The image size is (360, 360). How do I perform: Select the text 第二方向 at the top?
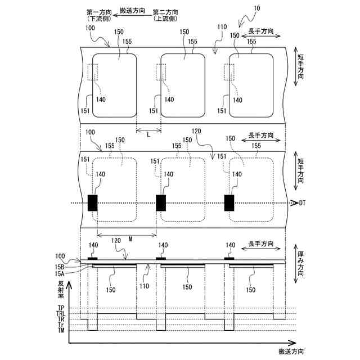[x=166, y=11]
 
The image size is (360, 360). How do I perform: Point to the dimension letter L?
[x=148, y=136]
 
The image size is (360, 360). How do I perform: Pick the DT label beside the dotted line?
[x=302, y=202]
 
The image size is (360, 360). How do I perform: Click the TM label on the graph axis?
[x=60, y=331]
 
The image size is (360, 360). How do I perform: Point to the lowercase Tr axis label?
[x=60, y=325]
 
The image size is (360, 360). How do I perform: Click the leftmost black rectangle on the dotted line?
[x=93, y=202]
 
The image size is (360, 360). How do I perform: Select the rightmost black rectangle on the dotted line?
[x=229, y=202]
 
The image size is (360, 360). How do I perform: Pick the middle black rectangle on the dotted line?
[x=161, y=202]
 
